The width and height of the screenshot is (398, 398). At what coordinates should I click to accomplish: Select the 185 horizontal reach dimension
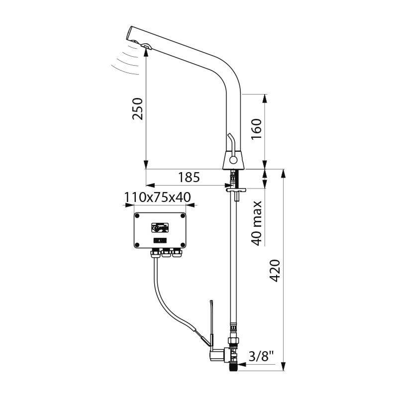[x=189, y=177]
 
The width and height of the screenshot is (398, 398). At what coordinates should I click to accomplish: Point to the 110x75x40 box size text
[x=158, y=197]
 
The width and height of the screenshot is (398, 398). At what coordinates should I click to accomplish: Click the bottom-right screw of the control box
[x=183, y=245]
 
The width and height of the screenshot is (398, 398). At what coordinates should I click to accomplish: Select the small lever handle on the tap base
[x=230, y=142]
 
